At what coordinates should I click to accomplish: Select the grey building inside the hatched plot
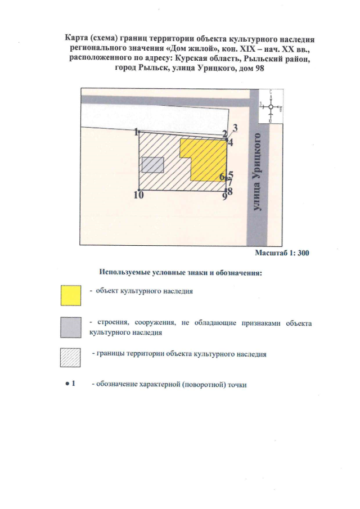click(152, 165)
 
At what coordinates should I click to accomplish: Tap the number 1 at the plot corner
click(137, 132)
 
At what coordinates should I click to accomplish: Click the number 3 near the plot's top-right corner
click(236, 127)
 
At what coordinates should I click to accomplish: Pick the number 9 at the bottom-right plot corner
click(224, 196)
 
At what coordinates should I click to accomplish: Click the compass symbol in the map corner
click(271, 106)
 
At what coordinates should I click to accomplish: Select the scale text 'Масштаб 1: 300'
click(282, 253)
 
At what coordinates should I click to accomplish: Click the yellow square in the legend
click(70, 295)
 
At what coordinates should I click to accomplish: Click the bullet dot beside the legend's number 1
click(66, 384)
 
